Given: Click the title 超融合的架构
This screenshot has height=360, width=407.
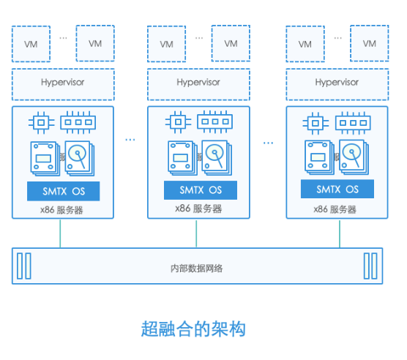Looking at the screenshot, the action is tap(193, 329).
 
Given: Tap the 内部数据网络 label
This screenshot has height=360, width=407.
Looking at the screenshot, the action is tap(196, 269).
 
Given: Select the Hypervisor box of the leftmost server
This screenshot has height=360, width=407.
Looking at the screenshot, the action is tap(63, 85).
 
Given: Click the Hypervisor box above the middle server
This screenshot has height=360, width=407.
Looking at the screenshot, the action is tap(198, 85).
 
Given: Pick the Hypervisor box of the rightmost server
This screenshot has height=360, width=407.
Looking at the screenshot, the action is tap(337, 85).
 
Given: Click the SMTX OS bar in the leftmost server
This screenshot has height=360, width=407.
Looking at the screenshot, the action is tap(64, 191).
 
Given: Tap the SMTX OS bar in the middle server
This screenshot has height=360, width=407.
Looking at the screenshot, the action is tap(201, 190).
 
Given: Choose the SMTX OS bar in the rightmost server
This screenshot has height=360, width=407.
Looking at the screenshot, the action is tap(337, 189).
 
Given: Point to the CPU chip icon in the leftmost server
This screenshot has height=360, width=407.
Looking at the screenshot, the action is tap(41, 123).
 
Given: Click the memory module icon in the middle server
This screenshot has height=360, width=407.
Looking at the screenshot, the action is tap(215, 121).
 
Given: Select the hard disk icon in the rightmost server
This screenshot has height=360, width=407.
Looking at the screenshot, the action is tap(354, 157).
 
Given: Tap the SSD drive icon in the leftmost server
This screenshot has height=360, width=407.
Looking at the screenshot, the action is tap(45, 159).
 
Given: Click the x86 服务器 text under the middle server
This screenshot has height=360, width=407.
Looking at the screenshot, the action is tap(198, 209).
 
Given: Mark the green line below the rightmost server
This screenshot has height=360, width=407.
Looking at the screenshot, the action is tap(340, 233).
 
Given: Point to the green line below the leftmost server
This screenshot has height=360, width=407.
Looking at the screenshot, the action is tap(60, 233).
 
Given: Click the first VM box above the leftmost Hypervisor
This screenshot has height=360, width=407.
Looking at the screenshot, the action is tap(31, 44).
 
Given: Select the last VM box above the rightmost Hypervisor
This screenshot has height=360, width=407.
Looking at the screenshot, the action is tap(370, 43).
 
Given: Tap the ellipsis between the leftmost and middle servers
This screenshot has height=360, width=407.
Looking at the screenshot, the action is tap(130, 140).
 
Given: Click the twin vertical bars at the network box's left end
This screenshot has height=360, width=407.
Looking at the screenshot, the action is tap(24, 266).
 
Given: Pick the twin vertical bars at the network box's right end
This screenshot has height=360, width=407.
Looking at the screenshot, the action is tap(370, 266).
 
